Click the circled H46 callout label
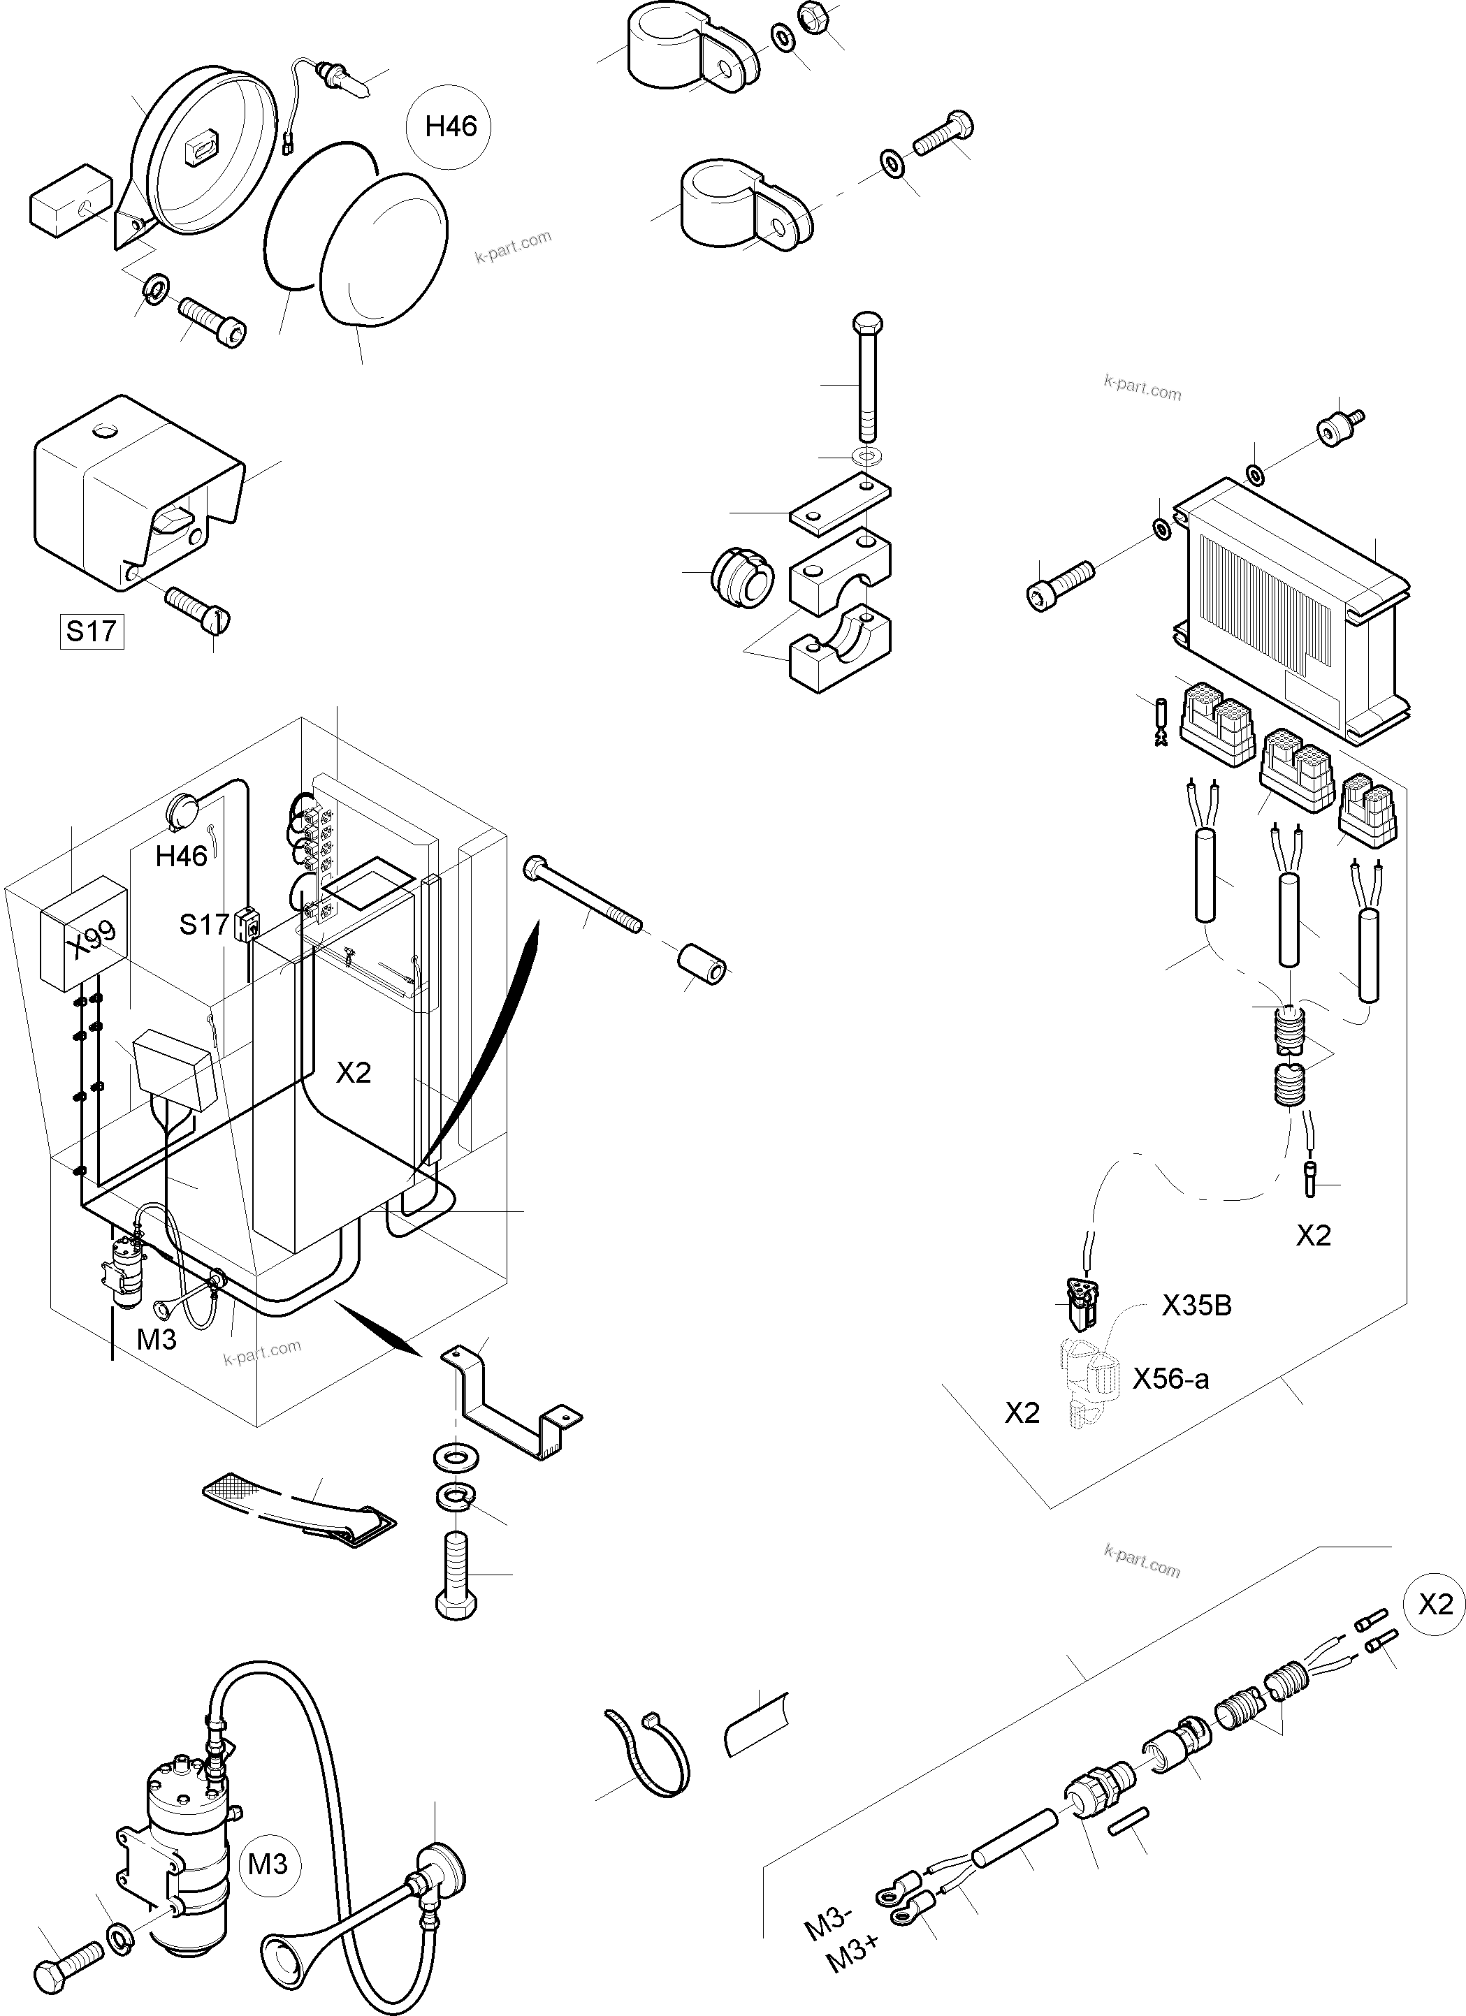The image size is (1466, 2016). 451,127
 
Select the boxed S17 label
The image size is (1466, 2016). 91,631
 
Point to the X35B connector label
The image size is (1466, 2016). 1196,1306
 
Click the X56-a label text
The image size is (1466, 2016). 1170,1379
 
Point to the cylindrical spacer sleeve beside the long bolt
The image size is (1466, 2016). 702,965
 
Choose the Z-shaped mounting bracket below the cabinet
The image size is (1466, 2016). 509,1410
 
